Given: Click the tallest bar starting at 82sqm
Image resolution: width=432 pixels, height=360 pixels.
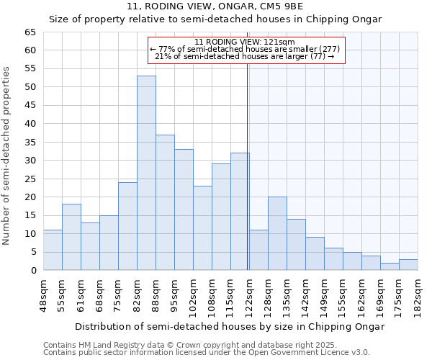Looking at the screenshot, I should click(x=146, y=173).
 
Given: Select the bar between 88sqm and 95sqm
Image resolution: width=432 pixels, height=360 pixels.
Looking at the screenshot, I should click(x=165, y=202).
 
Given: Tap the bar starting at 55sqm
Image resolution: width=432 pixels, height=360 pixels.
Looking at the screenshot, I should click(x=71, y=238).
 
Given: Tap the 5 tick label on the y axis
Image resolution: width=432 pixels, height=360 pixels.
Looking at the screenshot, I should click(x=34, y=252).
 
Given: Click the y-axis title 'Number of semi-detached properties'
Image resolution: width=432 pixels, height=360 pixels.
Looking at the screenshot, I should click(x=7, y=156).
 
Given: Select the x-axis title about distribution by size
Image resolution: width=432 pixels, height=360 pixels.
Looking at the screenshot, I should click(x=230, y=326).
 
